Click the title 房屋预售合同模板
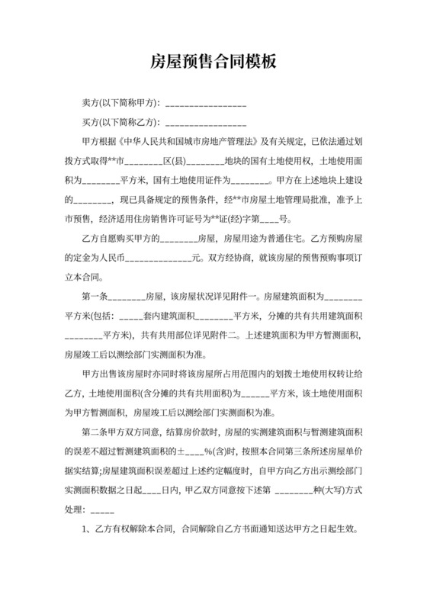213,62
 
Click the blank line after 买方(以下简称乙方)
205,122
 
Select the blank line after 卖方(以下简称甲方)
205,103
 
